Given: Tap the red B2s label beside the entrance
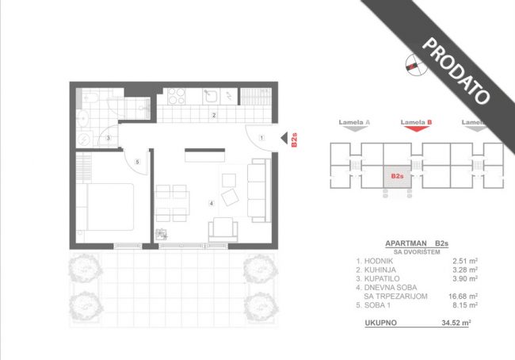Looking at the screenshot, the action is point(294,140).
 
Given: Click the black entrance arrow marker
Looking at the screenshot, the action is point(284,138).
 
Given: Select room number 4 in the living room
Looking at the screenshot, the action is point(212,204).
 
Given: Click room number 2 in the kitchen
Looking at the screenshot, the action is point(214,115).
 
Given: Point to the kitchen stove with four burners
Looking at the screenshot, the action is point(177,96).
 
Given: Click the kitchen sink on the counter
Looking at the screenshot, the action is point(211,96).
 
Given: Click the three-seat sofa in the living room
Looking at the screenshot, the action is point(259,190).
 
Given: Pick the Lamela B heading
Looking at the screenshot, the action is point(416,122).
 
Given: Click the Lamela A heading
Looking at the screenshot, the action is point(354,122).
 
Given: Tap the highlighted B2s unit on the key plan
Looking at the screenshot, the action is point(397,177).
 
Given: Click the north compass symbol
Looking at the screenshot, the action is point(417,64).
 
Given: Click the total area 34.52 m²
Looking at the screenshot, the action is point(456,323).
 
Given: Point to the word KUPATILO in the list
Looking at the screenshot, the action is point(381,278).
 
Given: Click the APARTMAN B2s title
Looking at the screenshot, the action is point(417,243).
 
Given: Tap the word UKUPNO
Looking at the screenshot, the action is point(380,323).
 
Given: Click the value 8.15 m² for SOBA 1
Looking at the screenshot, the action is point(465,305).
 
